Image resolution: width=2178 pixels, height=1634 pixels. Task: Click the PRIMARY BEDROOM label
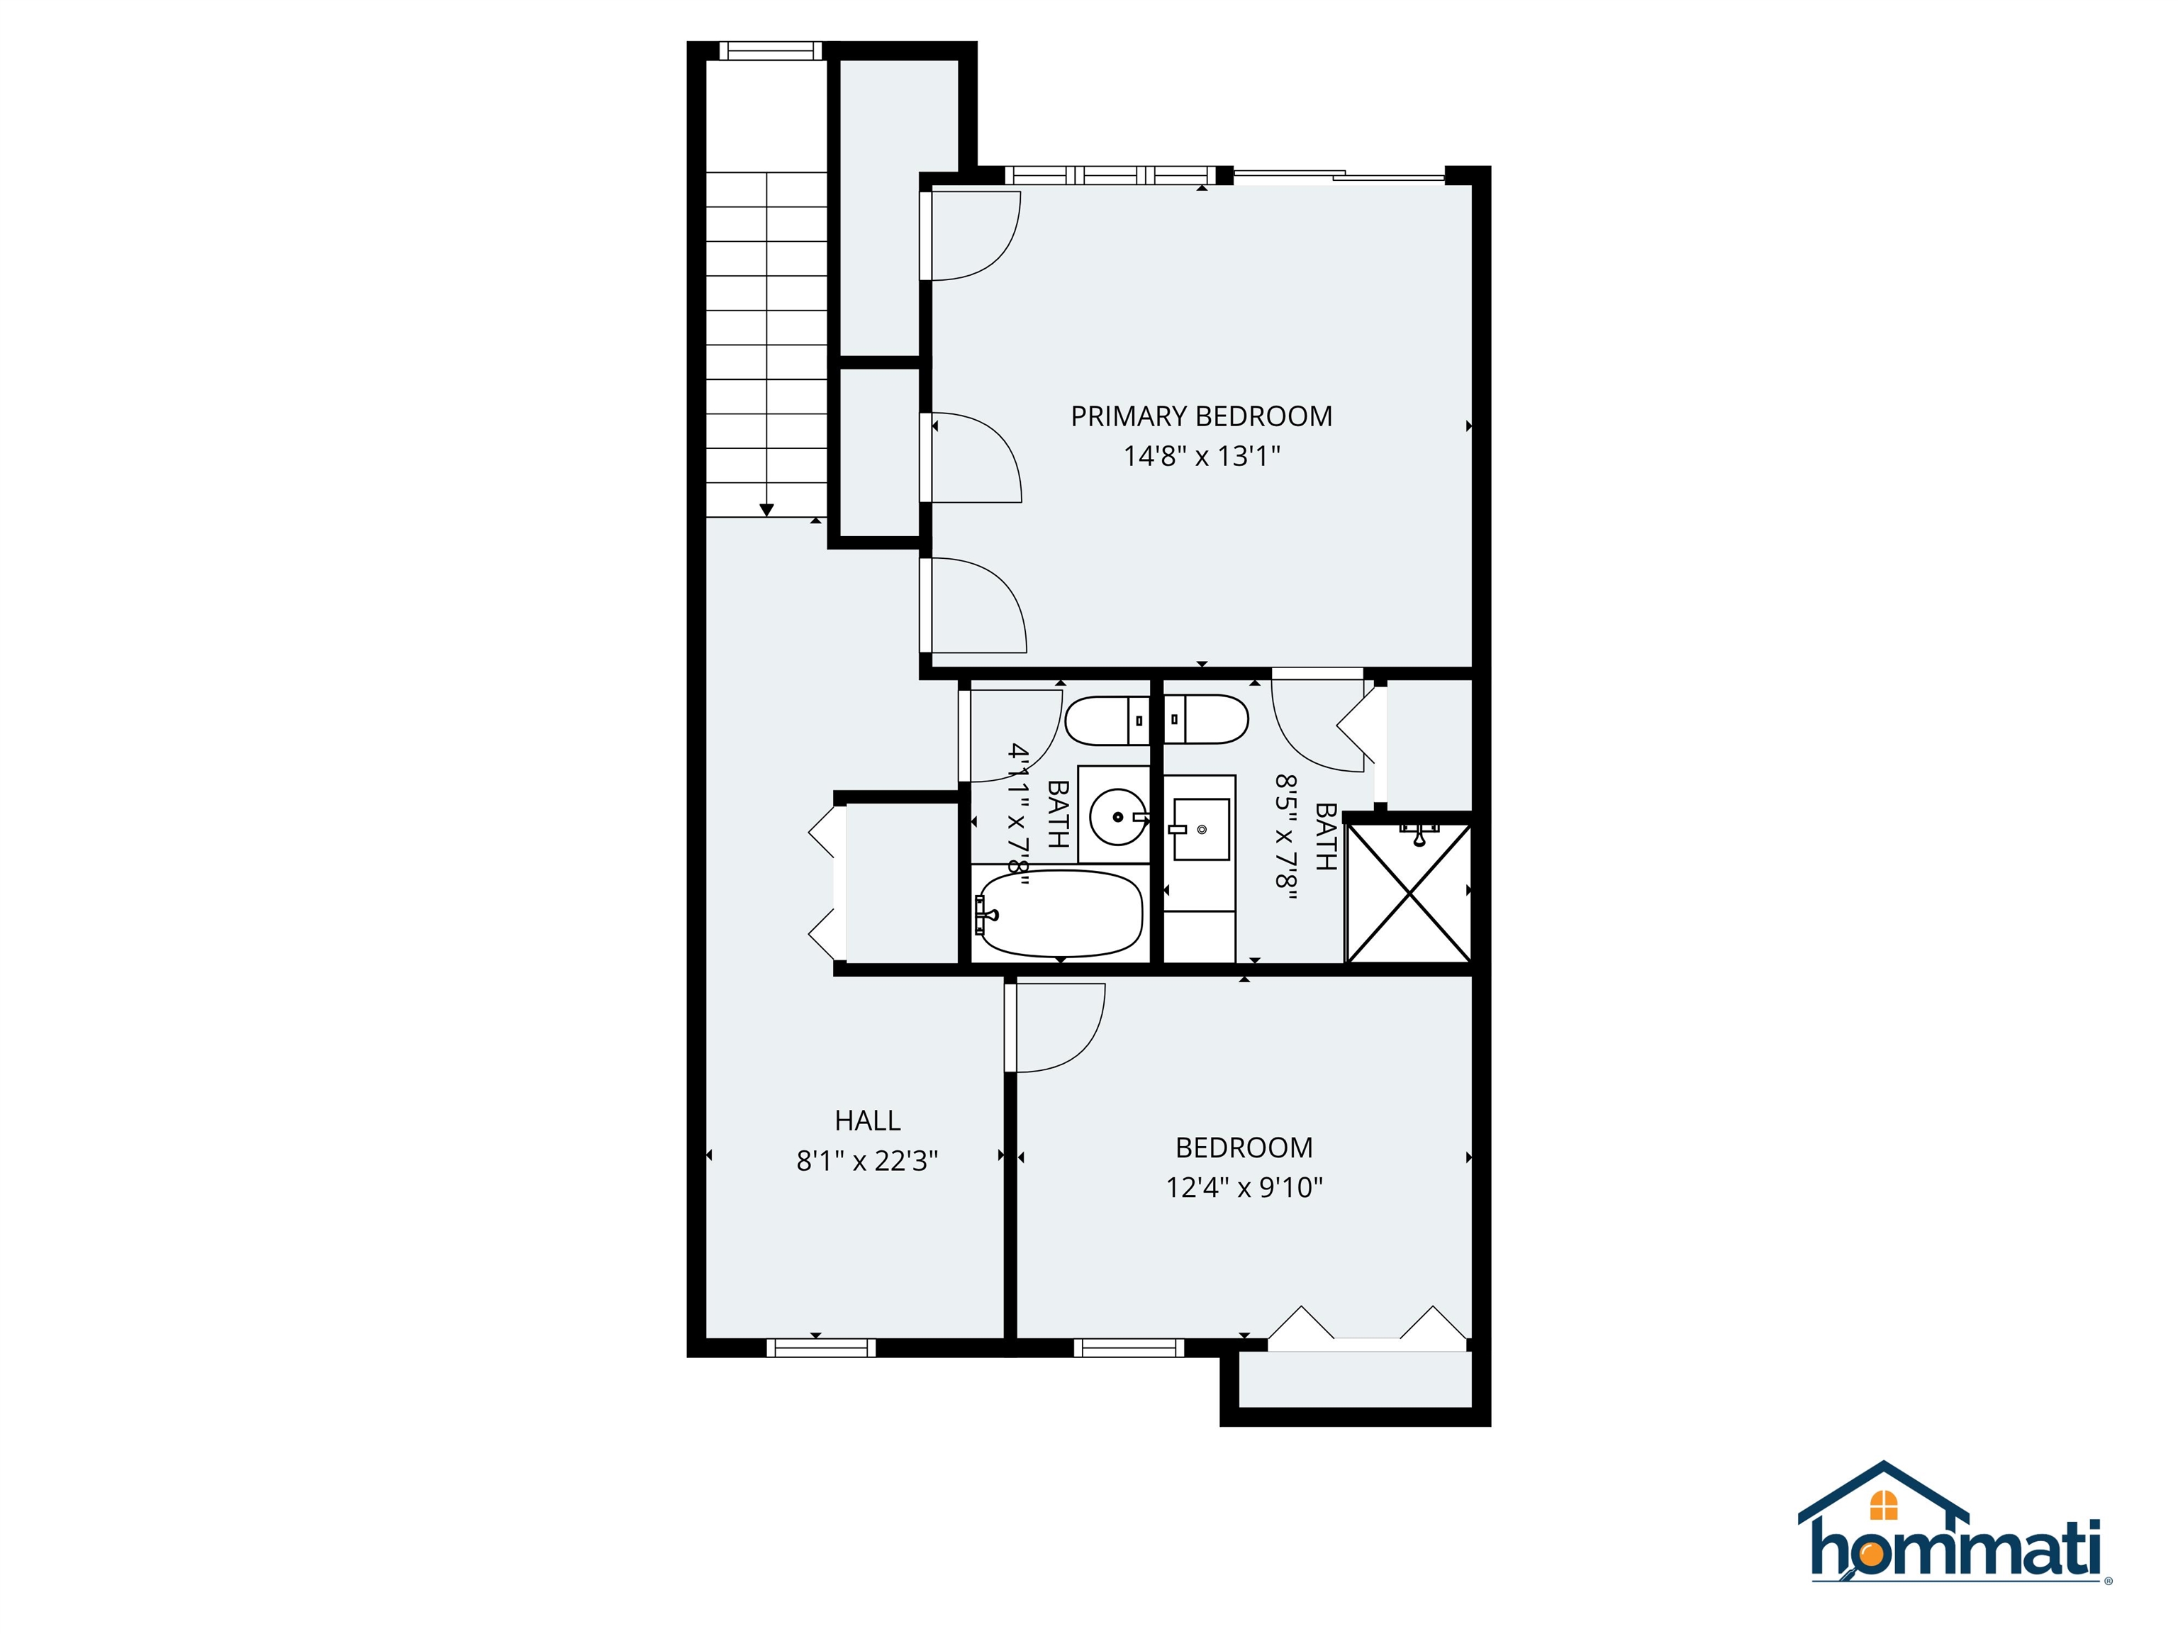(x=1200, y=416)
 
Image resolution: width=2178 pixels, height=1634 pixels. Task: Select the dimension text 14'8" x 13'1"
(x=1200, y=457)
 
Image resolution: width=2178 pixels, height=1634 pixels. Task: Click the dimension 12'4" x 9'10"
(x=1244, y=1188)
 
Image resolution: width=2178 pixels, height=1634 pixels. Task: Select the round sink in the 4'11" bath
(x=1117, y=816)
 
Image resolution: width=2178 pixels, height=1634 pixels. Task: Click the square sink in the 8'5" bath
(x=1201, y=829)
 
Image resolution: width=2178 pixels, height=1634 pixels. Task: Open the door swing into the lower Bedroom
(x=1056, y=1028)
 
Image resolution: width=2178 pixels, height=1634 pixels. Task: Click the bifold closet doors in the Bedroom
(x=1367, y=1325)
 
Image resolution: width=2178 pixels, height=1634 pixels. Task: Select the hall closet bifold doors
(x=825, y=884)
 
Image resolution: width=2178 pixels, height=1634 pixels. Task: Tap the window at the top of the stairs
(x=770, y=51)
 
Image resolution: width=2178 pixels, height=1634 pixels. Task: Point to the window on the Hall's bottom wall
(x=820, y=1347)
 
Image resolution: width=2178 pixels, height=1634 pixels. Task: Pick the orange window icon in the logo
(x=1884, y=1504)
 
